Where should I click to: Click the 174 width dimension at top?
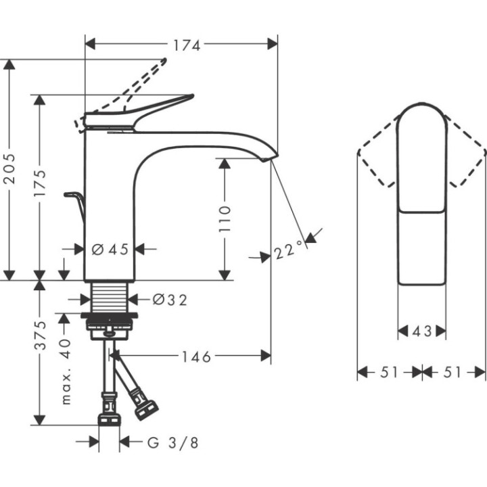(x=187, y=45)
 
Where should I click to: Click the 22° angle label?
(x=288, y=252)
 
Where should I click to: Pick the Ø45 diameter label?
(x=110, y=250)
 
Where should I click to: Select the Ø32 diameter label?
(x=169, y=299)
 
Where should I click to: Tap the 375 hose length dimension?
(x=41, y=335)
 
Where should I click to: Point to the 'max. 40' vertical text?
(x=66, y=371)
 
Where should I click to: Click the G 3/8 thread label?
(x=173, y=443)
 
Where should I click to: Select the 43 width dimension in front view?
(x=421, y=331)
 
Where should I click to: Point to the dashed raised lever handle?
(x=145, y=81)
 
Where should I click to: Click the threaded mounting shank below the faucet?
(x=109, y=297)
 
